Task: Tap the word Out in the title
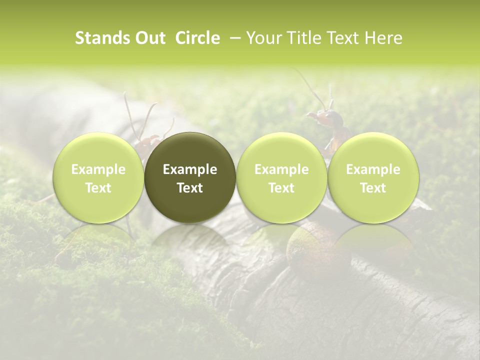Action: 150,38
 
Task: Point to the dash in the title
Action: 233,38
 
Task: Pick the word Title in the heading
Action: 304,38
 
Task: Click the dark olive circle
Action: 190,177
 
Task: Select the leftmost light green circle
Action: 98,177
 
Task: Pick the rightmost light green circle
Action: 373,177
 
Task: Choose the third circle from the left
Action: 281,177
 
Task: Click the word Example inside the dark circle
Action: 190,169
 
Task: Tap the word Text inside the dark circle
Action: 190,188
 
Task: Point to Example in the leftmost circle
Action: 98,169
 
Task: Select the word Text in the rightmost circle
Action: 373,188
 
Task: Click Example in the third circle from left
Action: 281,169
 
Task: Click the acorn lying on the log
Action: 305,245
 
